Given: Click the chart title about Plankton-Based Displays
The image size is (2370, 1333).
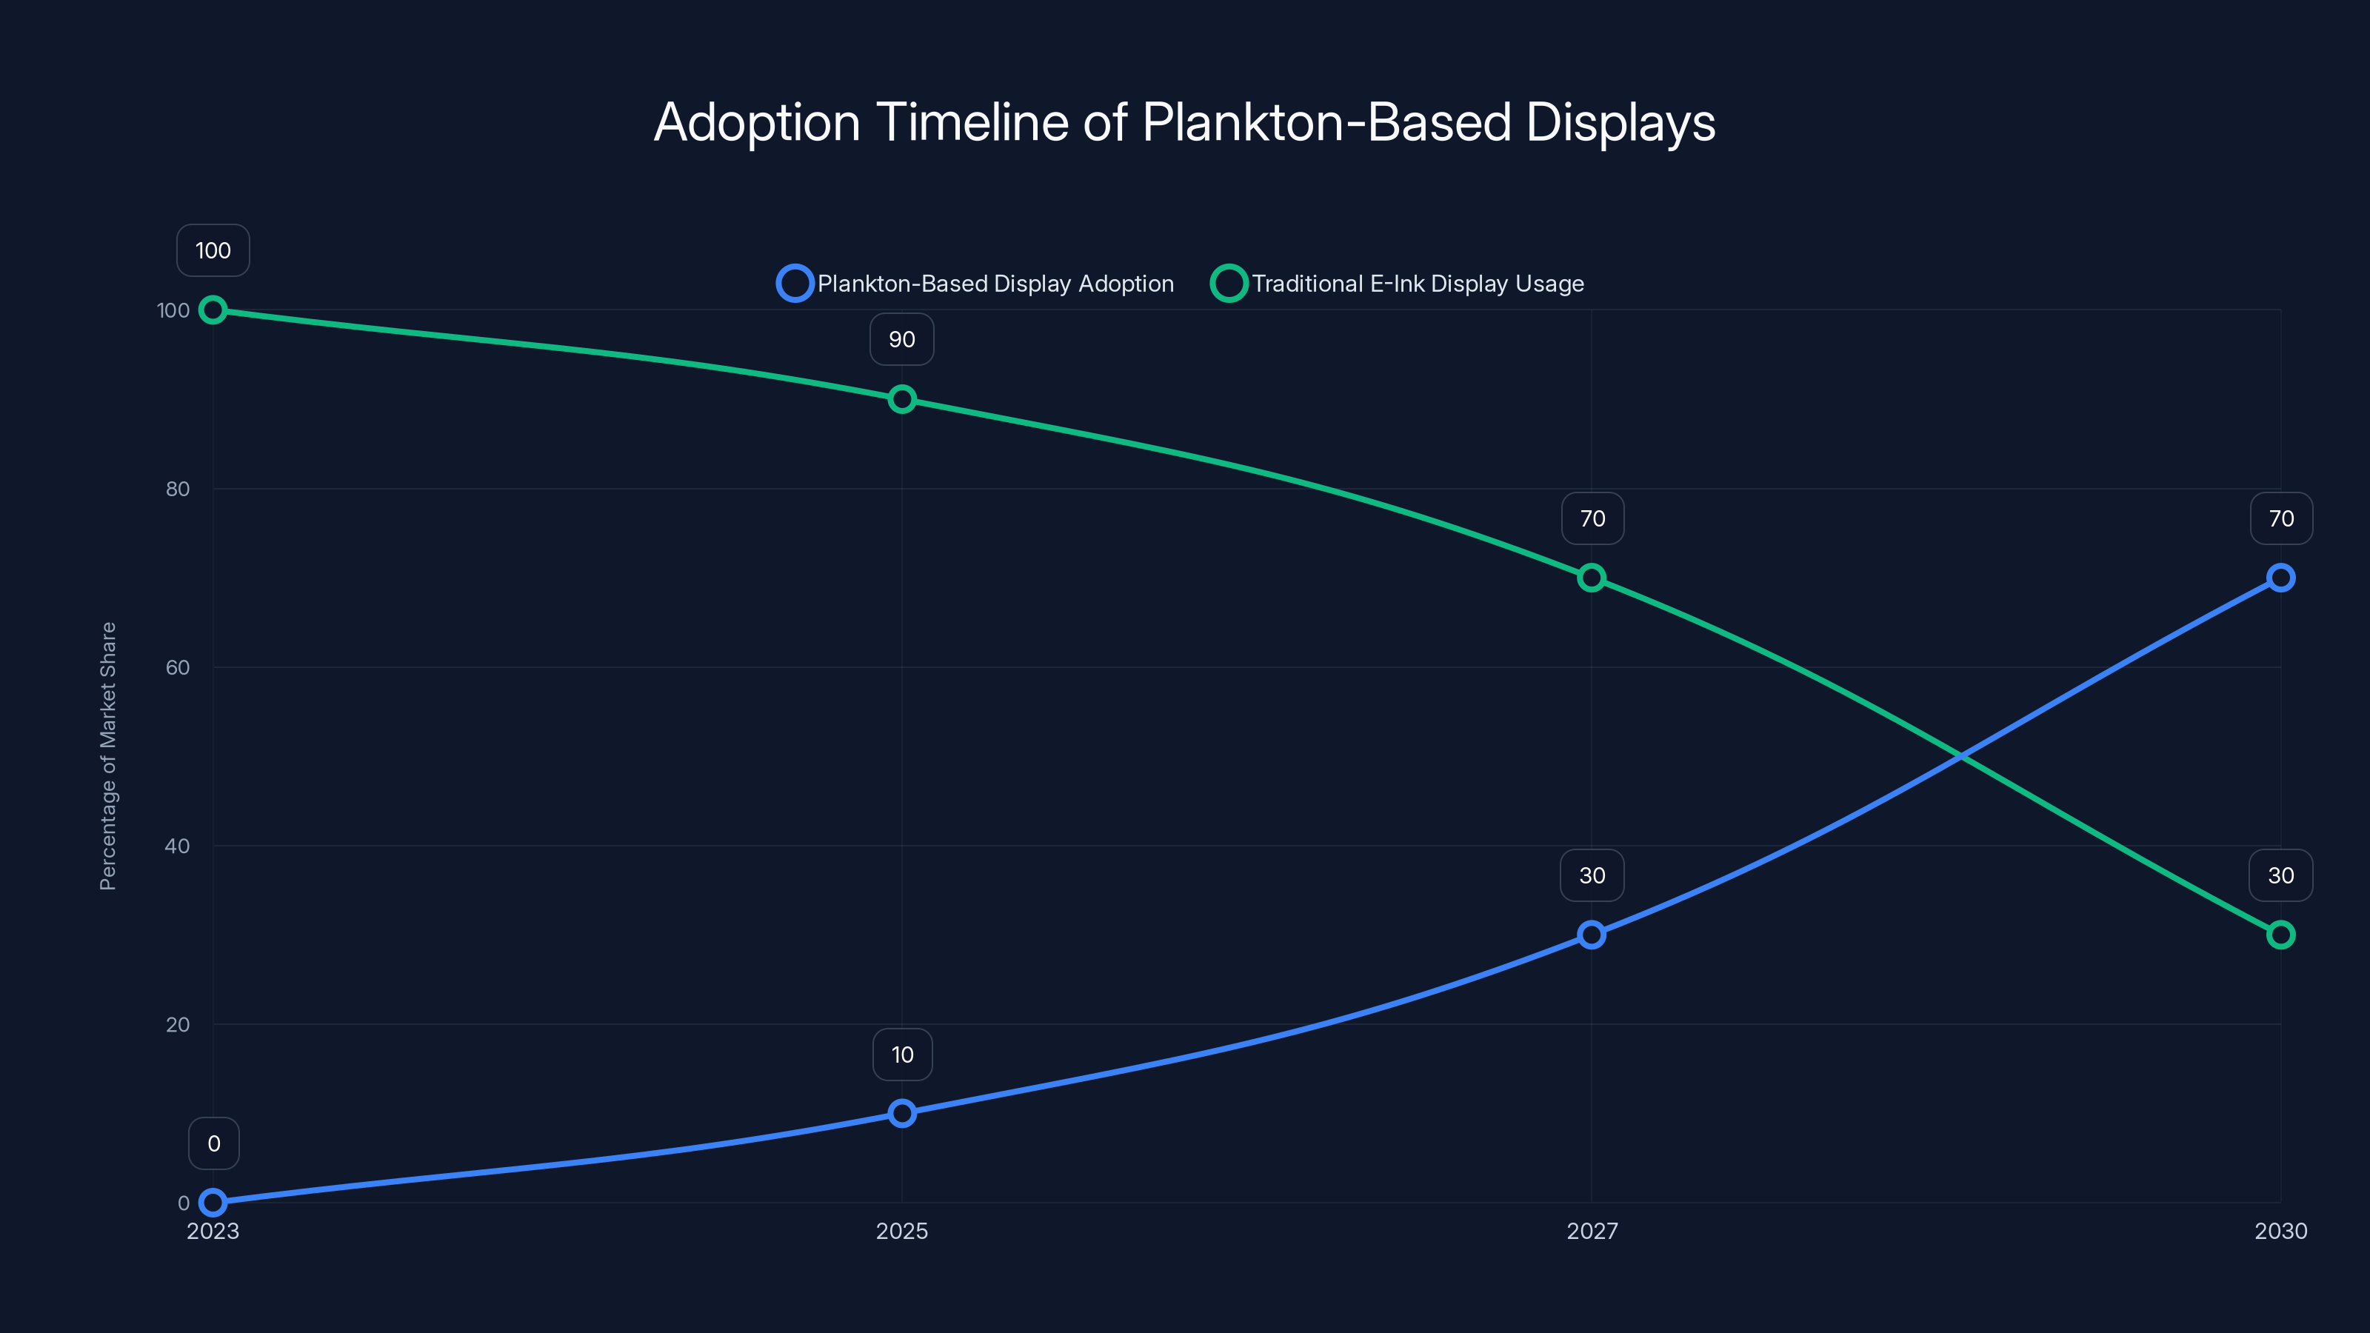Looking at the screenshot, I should coord(1184,122).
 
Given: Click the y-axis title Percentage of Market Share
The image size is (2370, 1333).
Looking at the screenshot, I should coord(107,755).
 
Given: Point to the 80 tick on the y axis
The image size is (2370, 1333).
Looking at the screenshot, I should coord(178,490).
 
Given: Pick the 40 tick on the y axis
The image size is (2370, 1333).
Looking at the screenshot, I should coord(178,846).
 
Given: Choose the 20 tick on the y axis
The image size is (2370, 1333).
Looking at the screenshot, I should coord(178,1025).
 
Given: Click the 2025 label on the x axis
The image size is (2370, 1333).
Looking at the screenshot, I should coord(901,1231).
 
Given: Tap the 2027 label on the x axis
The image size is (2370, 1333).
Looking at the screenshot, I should coord(1592,1231).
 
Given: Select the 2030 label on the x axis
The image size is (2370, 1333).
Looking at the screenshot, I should coord(2280,1231).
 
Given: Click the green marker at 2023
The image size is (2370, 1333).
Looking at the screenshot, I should coord(213,310).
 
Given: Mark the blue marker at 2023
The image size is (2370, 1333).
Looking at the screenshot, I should coord(213,1203).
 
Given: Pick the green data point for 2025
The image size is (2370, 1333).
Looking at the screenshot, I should coord(901,399).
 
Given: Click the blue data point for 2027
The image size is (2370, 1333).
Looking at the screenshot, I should coord(1592,935).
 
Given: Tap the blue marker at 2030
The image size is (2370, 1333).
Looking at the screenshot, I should coord(2280,578).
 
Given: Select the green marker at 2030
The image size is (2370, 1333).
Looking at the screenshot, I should coord(2280,935).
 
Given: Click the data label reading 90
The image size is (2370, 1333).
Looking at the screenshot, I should coord(901,339).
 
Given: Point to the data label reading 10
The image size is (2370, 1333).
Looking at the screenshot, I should coord(901,1055).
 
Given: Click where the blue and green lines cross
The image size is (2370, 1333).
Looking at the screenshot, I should coord(1960,756).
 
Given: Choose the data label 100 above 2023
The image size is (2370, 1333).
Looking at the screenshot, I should coord(213,250).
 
